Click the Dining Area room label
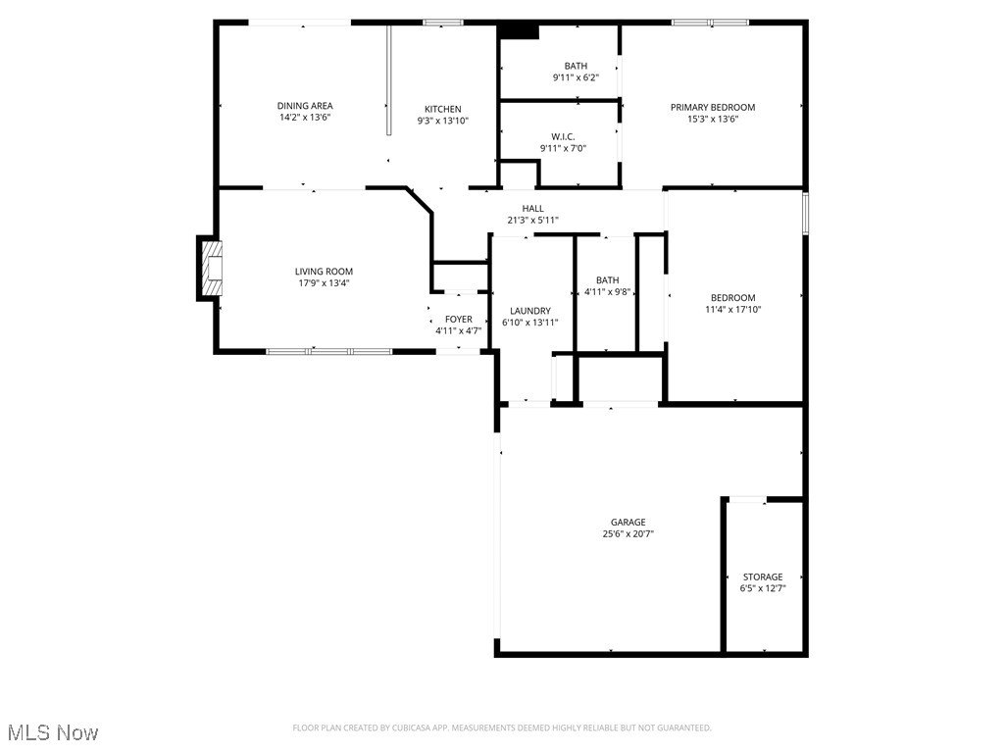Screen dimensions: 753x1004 point(305,106)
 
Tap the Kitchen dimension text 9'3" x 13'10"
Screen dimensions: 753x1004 point(442,121)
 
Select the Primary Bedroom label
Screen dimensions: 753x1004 point(713,107)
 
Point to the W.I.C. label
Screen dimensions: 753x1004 point(562,136)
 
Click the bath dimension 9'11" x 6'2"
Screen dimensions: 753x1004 point(576,77)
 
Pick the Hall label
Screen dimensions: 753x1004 point(532,208)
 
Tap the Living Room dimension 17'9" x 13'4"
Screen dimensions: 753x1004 point(324,283)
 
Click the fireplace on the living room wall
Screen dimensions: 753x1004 point(210,268)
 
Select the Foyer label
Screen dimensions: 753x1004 point(458,320)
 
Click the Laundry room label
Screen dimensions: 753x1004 point(529,311)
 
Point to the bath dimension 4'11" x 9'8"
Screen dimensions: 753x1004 point(607,291)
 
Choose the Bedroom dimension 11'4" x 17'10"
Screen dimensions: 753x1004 point(733,310)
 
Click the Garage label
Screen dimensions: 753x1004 point(627,523)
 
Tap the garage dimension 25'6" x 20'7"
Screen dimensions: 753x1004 point(627,534)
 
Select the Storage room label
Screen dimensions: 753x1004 point(763,577)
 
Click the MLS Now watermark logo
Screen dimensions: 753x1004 point(53,732)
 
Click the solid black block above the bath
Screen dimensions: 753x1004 point(519,31)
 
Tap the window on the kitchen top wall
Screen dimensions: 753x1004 point(443,22)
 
